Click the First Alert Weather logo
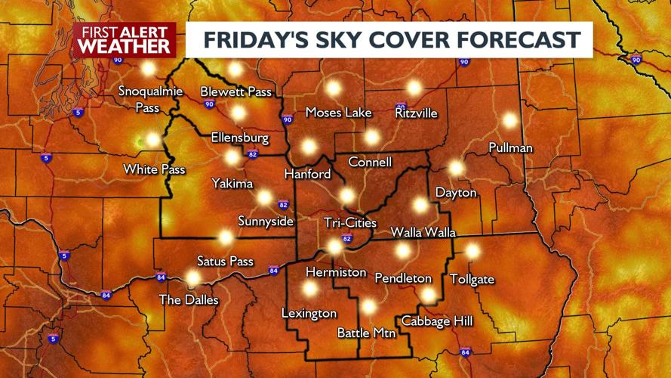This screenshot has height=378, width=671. tap(125, 39)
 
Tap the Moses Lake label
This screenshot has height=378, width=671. tap(338, 113)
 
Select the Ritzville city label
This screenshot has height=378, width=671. tap(416, 113)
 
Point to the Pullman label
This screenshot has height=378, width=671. tap(510, 147)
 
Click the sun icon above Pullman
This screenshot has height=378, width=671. tap(510, 120)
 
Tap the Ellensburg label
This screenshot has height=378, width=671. tap(240, 138)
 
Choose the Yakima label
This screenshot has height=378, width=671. tap(232, 183)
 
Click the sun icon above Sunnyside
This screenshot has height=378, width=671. tap(264, 198)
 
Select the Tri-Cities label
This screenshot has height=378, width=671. tap(349, 222)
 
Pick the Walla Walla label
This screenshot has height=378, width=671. tap(423, 232)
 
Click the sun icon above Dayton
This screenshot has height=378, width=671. tap(456, 168)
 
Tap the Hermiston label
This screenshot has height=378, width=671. tap(336, 272)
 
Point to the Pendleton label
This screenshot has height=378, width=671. tap(403, 278)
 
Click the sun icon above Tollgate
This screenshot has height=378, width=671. tap(472, 251)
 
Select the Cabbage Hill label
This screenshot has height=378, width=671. tap(437, 321)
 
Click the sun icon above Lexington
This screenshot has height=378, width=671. tap(309, 288)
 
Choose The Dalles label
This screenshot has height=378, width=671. tap(189, 300)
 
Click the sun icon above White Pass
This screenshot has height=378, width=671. tap(153, 140)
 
